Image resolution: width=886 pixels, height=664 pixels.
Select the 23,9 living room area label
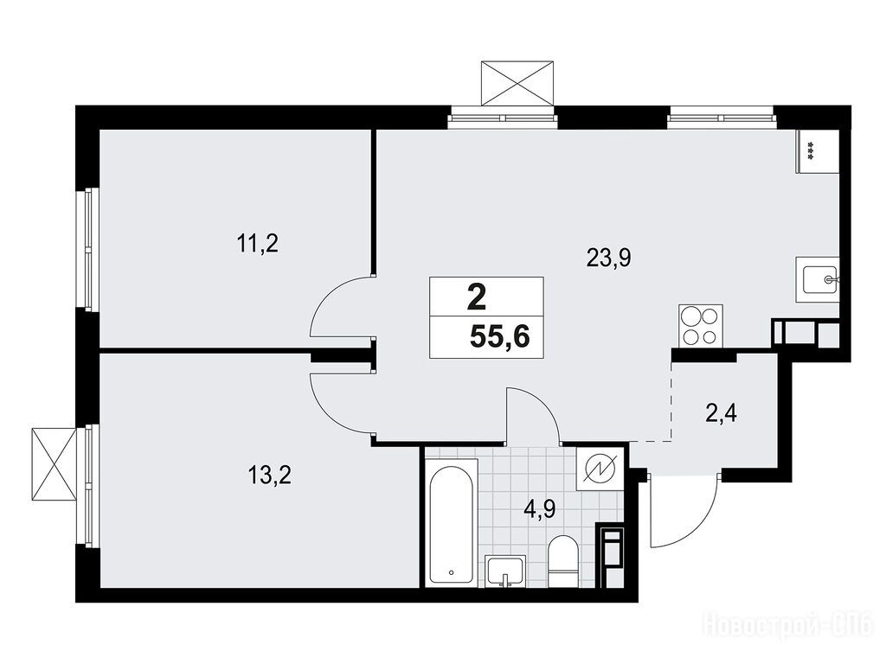608,258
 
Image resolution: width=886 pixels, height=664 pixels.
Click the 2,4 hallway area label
721,414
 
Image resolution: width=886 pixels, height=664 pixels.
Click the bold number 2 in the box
477,297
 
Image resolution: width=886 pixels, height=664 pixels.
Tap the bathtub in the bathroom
451,522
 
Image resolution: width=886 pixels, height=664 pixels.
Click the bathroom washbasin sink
505,571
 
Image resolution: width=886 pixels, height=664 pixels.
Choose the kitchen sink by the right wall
818,279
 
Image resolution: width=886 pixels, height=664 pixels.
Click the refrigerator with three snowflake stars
817,151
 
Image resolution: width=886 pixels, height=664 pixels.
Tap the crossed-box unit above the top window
517,83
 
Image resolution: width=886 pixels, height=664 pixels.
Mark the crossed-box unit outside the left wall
54,463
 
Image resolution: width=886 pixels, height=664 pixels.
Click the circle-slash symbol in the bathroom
599,468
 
